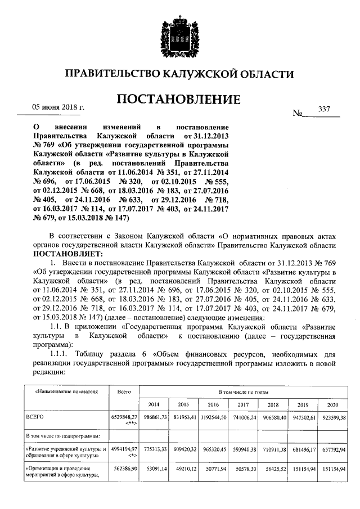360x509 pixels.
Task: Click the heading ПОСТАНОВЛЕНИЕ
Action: tap(179, 100)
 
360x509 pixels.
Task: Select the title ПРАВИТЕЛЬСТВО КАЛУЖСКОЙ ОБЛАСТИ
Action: tap(179, 74)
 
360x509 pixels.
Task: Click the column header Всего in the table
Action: tap(124, 391)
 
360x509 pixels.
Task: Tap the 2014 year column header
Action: tap(154, 405)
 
